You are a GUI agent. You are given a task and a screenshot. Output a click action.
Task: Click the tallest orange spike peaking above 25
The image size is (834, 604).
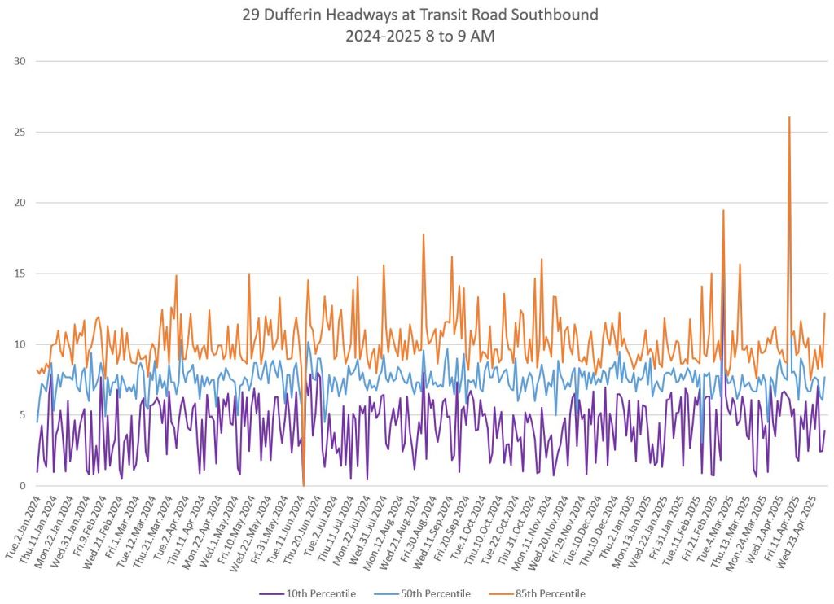(x=789, y=117)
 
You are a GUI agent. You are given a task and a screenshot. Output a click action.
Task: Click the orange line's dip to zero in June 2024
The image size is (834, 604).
(x=304, y=484)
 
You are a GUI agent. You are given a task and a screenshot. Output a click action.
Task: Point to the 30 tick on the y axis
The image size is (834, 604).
(x=20, y=61)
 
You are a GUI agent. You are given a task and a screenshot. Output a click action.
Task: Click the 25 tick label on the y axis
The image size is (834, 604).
(x=20, y=132)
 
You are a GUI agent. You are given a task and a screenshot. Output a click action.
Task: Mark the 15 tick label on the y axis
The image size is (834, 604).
(x=20, y=274)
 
